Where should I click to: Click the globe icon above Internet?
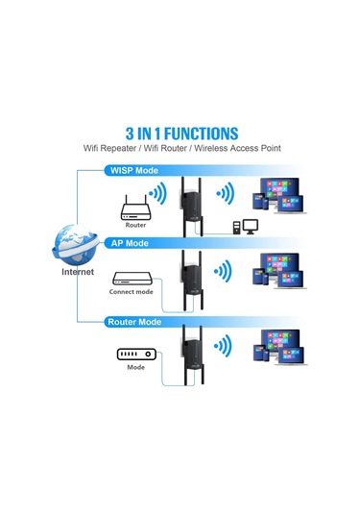tap(77, 244)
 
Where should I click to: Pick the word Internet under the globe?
tap(78, 272)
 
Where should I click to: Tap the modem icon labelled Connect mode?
tap(132, 276)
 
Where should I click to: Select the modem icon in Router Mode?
tap(134, 355)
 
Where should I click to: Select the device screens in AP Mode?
tap(278, 274)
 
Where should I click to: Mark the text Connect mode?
tap(132, 291)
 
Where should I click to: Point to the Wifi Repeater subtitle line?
tap(180, 149)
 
